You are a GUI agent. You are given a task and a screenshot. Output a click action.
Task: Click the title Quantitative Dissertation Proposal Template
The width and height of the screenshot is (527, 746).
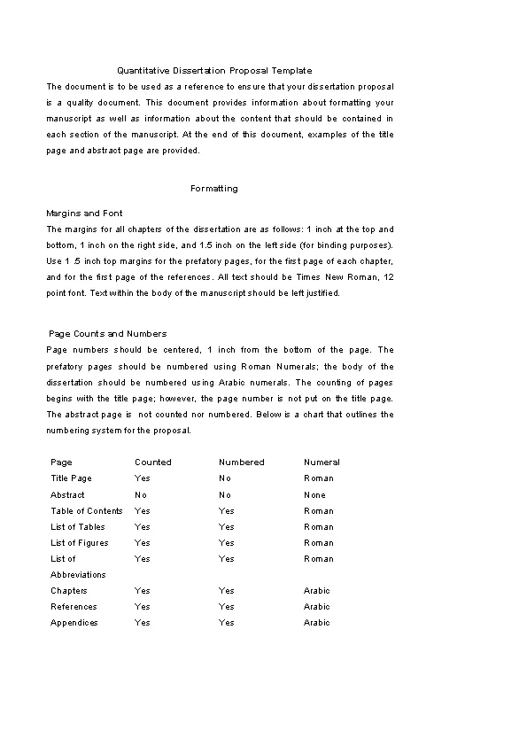click(214, 70)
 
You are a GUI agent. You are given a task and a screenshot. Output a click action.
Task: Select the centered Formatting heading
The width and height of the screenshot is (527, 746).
click(214, 189)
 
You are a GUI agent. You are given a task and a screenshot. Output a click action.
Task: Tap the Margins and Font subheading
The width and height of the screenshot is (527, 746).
click(84, 214)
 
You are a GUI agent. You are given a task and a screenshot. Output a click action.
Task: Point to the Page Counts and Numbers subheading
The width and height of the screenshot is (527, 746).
click(108, 334)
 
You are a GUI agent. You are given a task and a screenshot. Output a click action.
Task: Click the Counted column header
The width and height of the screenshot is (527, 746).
click(153, 462)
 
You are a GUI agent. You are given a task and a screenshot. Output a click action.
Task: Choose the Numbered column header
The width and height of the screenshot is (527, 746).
click(242, 462)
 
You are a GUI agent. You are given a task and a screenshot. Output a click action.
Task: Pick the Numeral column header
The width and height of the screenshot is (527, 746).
click(322, 462)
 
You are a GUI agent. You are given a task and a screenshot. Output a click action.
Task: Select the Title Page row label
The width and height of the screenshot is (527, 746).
click(71, 478)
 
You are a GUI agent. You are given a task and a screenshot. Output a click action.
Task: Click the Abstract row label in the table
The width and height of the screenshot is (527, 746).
click(68, 495)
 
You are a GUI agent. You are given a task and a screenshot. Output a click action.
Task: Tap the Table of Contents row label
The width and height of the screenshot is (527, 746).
click(87, 511)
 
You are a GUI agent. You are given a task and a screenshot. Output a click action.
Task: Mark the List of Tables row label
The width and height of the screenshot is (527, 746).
click(78, 527)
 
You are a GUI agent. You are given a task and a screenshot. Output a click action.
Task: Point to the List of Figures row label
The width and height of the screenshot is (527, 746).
click(80, 543)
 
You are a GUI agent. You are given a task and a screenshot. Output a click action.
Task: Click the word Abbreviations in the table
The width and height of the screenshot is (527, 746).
click(78, 575)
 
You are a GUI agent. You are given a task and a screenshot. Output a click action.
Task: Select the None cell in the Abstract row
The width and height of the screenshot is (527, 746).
click(314, 495)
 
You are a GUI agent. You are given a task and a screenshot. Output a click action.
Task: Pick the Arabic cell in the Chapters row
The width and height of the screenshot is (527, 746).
click(316, 591)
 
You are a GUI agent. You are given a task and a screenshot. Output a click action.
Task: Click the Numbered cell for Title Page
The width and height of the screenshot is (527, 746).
click(225, 478)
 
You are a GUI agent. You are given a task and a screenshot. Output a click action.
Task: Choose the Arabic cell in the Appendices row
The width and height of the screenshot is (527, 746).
click(316, 623)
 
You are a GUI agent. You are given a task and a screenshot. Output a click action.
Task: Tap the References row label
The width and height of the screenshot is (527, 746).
click(74, 607)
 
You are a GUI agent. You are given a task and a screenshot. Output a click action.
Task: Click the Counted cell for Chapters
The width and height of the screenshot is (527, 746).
click(143, 591)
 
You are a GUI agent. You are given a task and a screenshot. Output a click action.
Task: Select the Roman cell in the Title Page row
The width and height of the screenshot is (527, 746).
click(319, 478)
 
